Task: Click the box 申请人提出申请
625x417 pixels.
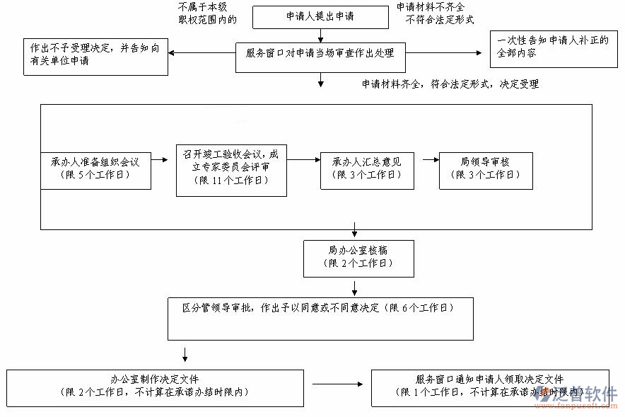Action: [x=320, y=16]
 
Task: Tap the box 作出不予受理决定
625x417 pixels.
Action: [x=95, y=56]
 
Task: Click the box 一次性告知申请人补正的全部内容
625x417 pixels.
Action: [x=554, y=48]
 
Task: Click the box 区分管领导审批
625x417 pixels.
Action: [x=320, y=319]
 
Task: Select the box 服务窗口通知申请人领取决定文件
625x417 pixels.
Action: [x=490, y=387]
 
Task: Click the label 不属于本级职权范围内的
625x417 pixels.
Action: [x=207, y=13]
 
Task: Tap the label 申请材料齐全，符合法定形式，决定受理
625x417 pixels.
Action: [x=450, y=84]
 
